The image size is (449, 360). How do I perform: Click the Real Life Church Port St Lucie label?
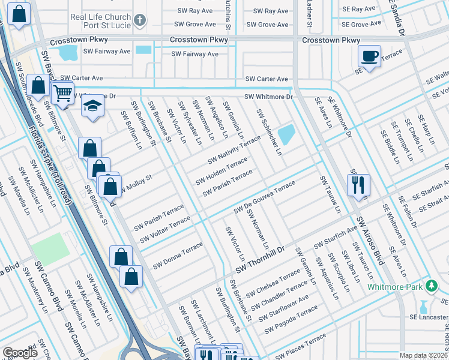pos(100,22)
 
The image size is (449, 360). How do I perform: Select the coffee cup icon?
pos(369,56)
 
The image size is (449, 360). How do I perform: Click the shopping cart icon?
pos(62,93)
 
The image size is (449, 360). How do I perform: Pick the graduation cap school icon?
pos(91,107)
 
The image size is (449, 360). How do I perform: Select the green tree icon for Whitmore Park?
pos(430,284)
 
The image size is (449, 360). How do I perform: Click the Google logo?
pos(20,353)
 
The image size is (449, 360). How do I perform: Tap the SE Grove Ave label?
pos(361,25)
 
